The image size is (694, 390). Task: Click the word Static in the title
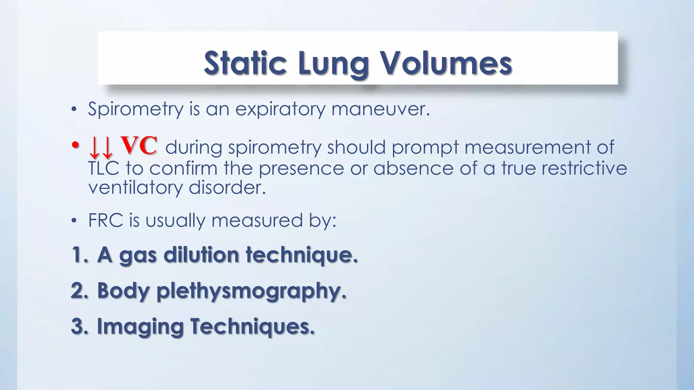(x=245, y=63)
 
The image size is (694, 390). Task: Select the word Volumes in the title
(x=445, y=63)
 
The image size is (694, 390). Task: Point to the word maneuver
(x=380, y=109)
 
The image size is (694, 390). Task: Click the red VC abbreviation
(x=139, y=146)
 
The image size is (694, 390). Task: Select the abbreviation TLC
(x=104, y=168)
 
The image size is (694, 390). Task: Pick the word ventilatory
(x=135, y=188)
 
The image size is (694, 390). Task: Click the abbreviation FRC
(x=105, y=220)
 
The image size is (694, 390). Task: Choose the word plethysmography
(x=251, y=291)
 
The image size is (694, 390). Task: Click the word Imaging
(x=140, y=327)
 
